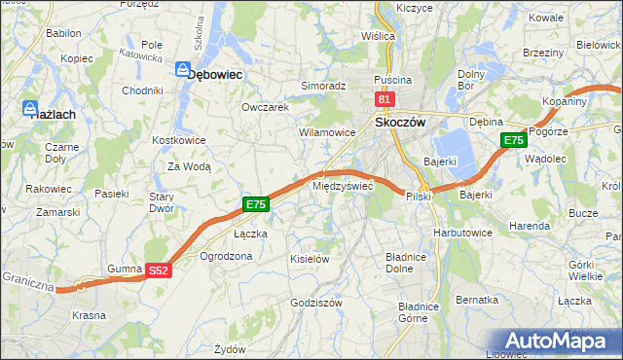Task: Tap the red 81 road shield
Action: (384, 99)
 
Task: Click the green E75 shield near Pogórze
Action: (514, 141)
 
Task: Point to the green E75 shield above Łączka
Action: (255, 204)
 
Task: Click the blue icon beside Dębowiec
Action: (181, 70)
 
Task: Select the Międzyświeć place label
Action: (342, 185)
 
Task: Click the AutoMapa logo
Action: (554, 341)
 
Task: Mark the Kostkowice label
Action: (177, 140)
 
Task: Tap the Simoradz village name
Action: (323, 86)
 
